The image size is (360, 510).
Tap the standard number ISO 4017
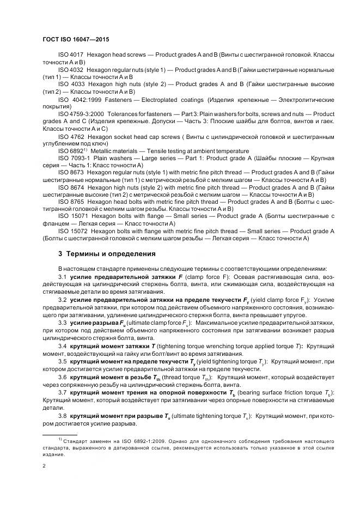70,56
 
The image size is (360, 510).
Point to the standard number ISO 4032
70,70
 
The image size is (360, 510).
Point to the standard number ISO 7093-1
73,158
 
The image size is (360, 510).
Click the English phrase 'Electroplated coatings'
175,100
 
